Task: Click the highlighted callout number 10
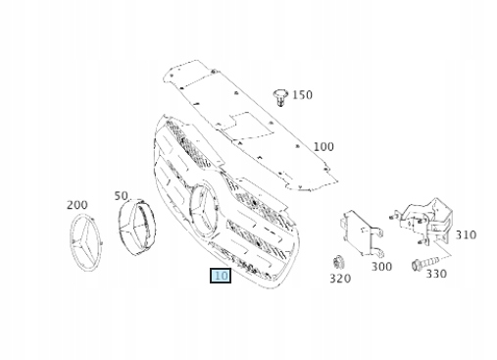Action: pos(221,276)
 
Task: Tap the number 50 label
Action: pos(121,195)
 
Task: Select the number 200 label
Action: pos(77,205)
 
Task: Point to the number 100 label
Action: pos(323,146)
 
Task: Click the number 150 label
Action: pos(302,95)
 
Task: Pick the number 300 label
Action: pos(381,267)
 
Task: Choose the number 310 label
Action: pos(466,234)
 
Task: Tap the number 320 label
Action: pos(340,279)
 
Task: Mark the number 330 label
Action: pos(436,274)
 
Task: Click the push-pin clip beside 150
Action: pos(280,97)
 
